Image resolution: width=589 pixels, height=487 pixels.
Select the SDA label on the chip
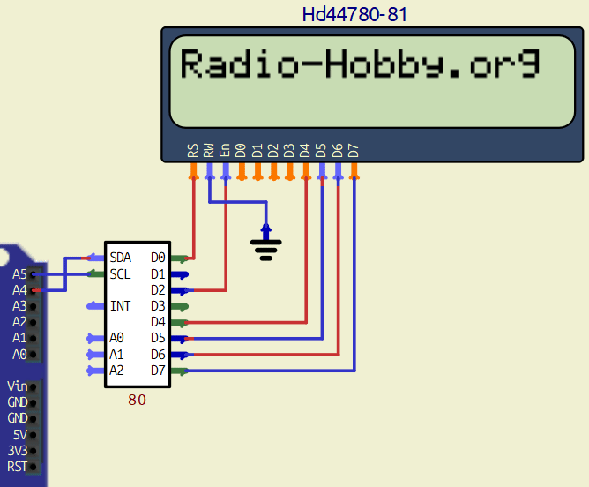121,258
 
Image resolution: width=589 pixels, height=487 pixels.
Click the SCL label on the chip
120,273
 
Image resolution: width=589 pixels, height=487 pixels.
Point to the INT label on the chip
120,306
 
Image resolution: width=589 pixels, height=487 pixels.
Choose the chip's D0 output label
158,258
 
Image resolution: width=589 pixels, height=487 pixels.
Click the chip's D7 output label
158,370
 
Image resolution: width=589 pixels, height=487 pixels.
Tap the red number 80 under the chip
137,400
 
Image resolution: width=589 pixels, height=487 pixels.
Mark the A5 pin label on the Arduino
19,273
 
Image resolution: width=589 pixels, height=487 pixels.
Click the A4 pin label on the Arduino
19,289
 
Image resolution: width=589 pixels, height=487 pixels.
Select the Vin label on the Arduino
17,386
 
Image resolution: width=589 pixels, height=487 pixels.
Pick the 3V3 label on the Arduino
17,450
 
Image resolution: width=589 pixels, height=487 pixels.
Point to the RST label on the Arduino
17,466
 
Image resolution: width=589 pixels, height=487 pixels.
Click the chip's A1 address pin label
117,354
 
